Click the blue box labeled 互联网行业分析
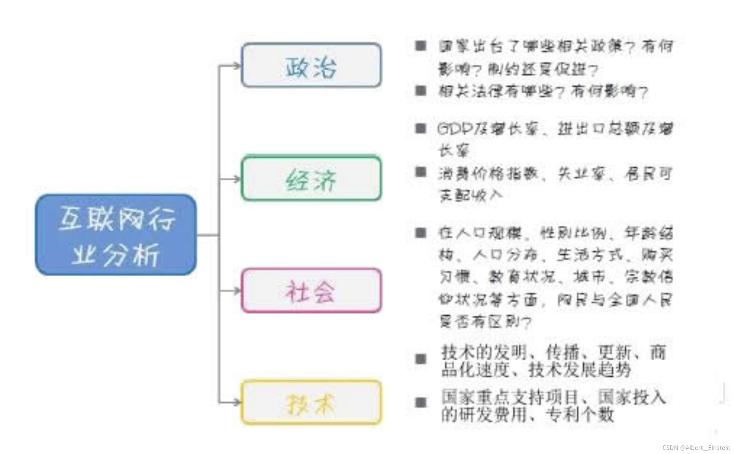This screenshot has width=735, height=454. point(116,235)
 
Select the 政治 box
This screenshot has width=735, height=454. point(311,65)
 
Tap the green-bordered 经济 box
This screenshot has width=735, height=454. point(311,178)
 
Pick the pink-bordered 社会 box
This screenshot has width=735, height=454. point(311,291)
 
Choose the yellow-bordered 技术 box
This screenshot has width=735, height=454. point(311,403)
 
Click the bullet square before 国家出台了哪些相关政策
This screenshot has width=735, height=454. point(420,46)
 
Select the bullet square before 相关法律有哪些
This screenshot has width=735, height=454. point(420,91)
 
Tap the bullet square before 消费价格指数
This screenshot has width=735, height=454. point(420,172)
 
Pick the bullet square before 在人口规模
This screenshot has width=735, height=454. point(420,233)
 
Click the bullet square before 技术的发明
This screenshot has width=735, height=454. point(420,359)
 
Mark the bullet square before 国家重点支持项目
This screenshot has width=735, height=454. point(420,403)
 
